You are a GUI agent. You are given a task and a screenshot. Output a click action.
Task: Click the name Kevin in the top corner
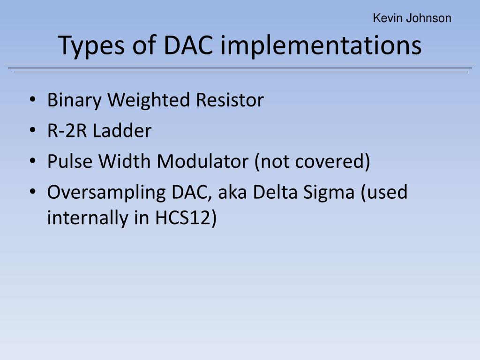point(384,18)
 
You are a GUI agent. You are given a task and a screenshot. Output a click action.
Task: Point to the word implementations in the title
point(322,46)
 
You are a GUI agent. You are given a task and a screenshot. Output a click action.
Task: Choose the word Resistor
point(230,100)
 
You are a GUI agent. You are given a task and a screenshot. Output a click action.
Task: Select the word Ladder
point(122,131)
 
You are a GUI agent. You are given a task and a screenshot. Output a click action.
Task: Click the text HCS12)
point(186,218)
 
